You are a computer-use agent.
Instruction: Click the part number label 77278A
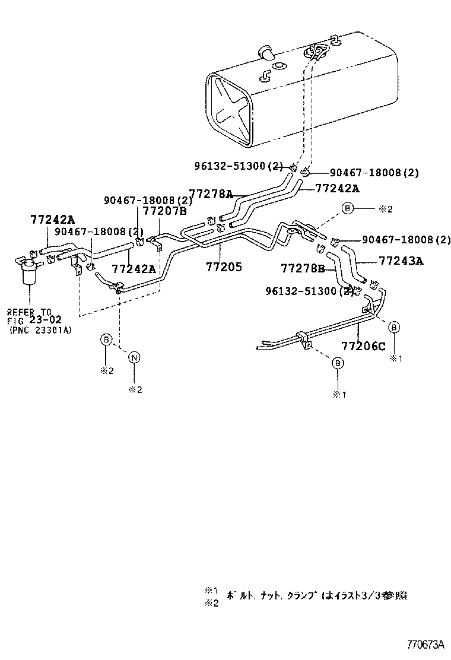(211, 193)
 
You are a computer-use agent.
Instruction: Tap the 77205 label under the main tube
(224, 267)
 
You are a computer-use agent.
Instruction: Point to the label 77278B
(303, 269)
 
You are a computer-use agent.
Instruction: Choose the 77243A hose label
(401, 260)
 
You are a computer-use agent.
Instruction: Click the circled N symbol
(135, 357)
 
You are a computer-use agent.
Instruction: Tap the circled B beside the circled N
(106, 339)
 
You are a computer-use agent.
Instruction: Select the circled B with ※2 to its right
(348, 208)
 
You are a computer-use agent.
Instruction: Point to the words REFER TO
(30, 312)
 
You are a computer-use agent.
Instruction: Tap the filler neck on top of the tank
(265, 52)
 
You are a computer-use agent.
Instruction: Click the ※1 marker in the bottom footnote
(212, 591)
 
